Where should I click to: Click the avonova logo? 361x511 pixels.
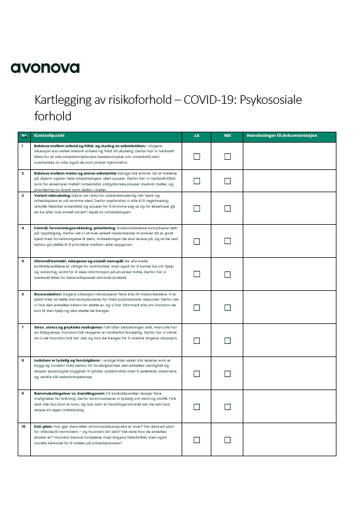(45, 68)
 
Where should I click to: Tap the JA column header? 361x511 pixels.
(196, 136)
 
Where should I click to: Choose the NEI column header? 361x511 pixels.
(227, 136)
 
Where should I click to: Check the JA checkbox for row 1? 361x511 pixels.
(197, 156)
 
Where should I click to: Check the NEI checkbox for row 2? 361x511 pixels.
(227, 181)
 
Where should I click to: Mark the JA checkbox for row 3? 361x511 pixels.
(197, 208)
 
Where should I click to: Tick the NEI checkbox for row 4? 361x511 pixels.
(227, 241)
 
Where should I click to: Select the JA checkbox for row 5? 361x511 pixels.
(197, 274)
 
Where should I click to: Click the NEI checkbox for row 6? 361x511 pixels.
(227, 307)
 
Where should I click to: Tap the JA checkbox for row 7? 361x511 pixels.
(197, 340)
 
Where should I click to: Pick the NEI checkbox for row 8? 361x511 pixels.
(227, 374)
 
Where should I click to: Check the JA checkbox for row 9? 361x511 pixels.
(197, 407)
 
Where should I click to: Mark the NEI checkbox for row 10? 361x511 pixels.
(227, 440)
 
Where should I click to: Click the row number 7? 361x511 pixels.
(22, 327)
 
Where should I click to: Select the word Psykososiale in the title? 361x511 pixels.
(270, 100)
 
